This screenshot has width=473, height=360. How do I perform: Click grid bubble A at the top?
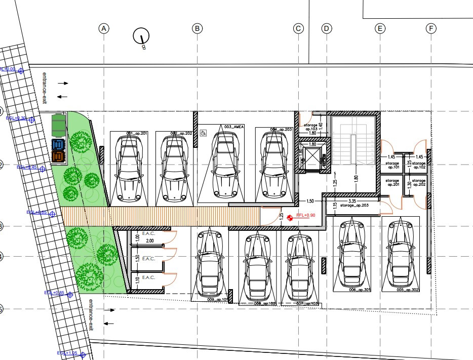point(104,28)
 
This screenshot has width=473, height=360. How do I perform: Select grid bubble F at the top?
point(431,28)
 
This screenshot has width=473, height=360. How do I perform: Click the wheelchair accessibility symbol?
point(204,133)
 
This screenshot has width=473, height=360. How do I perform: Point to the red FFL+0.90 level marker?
point(290,218)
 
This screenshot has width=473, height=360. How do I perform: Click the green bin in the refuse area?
point(59,123)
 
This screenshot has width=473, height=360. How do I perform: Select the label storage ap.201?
point(392,183)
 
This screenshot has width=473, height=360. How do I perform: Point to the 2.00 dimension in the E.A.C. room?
point(149,242)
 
